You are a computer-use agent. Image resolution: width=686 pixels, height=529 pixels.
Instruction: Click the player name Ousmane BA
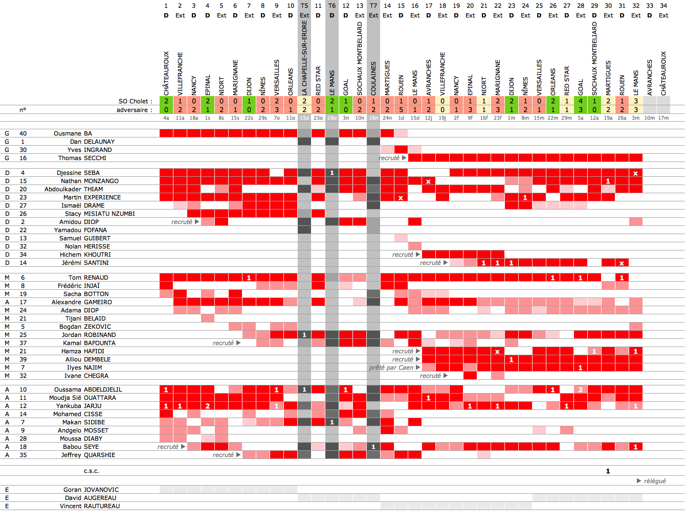tap(73, 133)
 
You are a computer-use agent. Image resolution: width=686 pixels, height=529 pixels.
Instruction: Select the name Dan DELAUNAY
tap(92, 142)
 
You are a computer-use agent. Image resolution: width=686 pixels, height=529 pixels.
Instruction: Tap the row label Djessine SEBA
tap(78, 173)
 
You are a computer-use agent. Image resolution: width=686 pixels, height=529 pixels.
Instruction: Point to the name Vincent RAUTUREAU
tap(90, 506)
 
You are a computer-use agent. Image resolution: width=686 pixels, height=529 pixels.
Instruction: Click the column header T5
tap(304, 6)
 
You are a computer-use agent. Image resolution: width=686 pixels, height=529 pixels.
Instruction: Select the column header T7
tap(373, 6)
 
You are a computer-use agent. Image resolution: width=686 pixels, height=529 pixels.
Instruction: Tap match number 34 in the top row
tap(663, 6)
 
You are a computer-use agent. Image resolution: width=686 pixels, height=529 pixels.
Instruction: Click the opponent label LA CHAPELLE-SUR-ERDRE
tap(304, 58)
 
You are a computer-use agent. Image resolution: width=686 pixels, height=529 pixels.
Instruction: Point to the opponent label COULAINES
tap(373, 78)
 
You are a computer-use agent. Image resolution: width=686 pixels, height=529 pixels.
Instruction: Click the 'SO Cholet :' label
tap(135, 101)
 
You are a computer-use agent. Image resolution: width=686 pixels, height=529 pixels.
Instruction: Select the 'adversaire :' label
tap(134, 110)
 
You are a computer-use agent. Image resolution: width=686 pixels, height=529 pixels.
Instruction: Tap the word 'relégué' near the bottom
tap(654, 481)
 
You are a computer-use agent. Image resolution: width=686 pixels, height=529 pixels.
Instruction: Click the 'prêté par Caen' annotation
tap(391, 367)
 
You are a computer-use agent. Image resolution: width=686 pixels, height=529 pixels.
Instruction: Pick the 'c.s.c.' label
tap(92, 471)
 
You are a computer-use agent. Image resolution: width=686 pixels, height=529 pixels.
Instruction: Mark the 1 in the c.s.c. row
tap(608, 471)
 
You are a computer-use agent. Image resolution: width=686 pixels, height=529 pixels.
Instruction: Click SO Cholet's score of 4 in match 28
tap(581, 101)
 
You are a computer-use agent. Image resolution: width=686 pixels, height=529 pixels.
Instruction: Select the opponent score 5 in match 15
tap(401, 110)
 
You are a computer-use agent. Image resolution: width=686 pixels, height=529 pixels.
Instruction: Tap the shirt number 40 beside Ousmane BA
tap(23, 133)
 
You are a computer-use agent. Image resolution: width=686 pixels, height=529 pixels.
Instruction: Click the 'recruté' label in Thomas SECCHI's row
tap(389, 158)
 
